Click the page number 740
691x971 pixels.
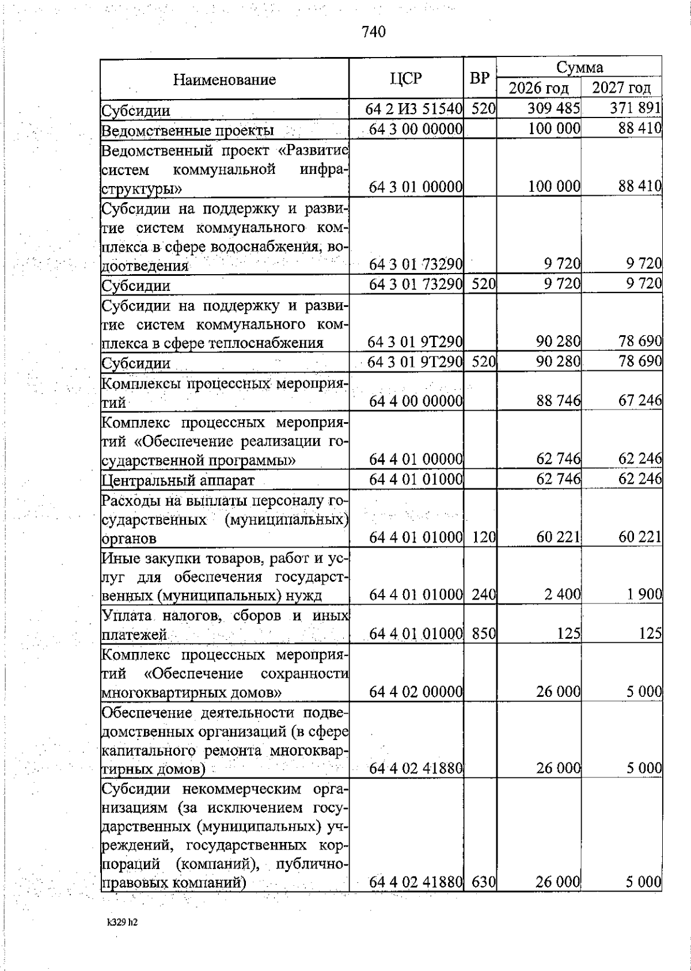(374, 32)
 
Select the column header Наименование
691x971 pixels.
(225, 79)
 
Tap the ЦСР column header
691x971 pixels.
(406, 79)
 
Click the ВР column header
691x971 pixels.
(480, 79)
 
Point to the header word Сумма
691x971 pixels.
(579, 67)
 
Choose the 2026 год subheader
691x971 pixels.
(538, 88)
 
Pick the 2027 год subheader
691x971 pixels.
(621, 88)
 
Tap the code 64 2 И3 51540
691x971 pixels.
(414, 109)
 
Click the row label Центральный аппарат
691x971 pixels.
(178, 480)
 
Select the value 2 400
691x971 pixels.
(563, 594)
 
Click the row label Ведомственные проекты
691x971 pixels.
(187, 131)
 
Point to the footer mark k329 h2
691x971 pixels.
(122, 922)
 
